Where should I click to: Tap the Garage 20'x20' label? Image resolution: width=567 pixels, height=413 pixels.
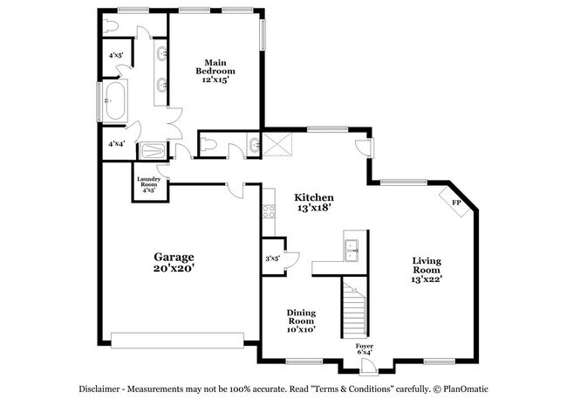point(174,262)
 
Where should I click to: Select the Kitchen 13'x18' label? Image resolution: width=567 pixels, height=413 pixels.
point(314,203)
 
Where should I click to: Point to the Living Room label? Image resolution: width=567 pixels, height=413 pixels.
point(427,270)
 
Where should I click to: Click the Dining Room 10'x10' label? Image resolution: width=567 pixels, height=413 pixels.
point(301,320)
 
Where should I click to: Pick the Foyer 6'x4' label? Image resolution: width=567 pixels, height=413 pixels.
point(365,349)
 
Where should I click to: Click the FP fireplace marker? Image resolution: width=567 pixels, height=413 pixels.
point(455,203)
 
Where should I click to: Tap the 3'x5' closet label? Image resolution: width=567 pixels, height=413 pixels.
point(272,258)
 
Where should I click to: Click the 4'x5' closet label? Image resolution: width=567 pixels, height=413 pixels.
point(115,56)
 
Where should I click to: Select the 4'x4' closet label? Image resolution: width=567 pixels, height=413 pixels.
point(115,144)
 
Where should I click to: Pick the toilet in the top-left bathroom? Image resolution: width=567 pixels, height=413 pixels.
point(111,25)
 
